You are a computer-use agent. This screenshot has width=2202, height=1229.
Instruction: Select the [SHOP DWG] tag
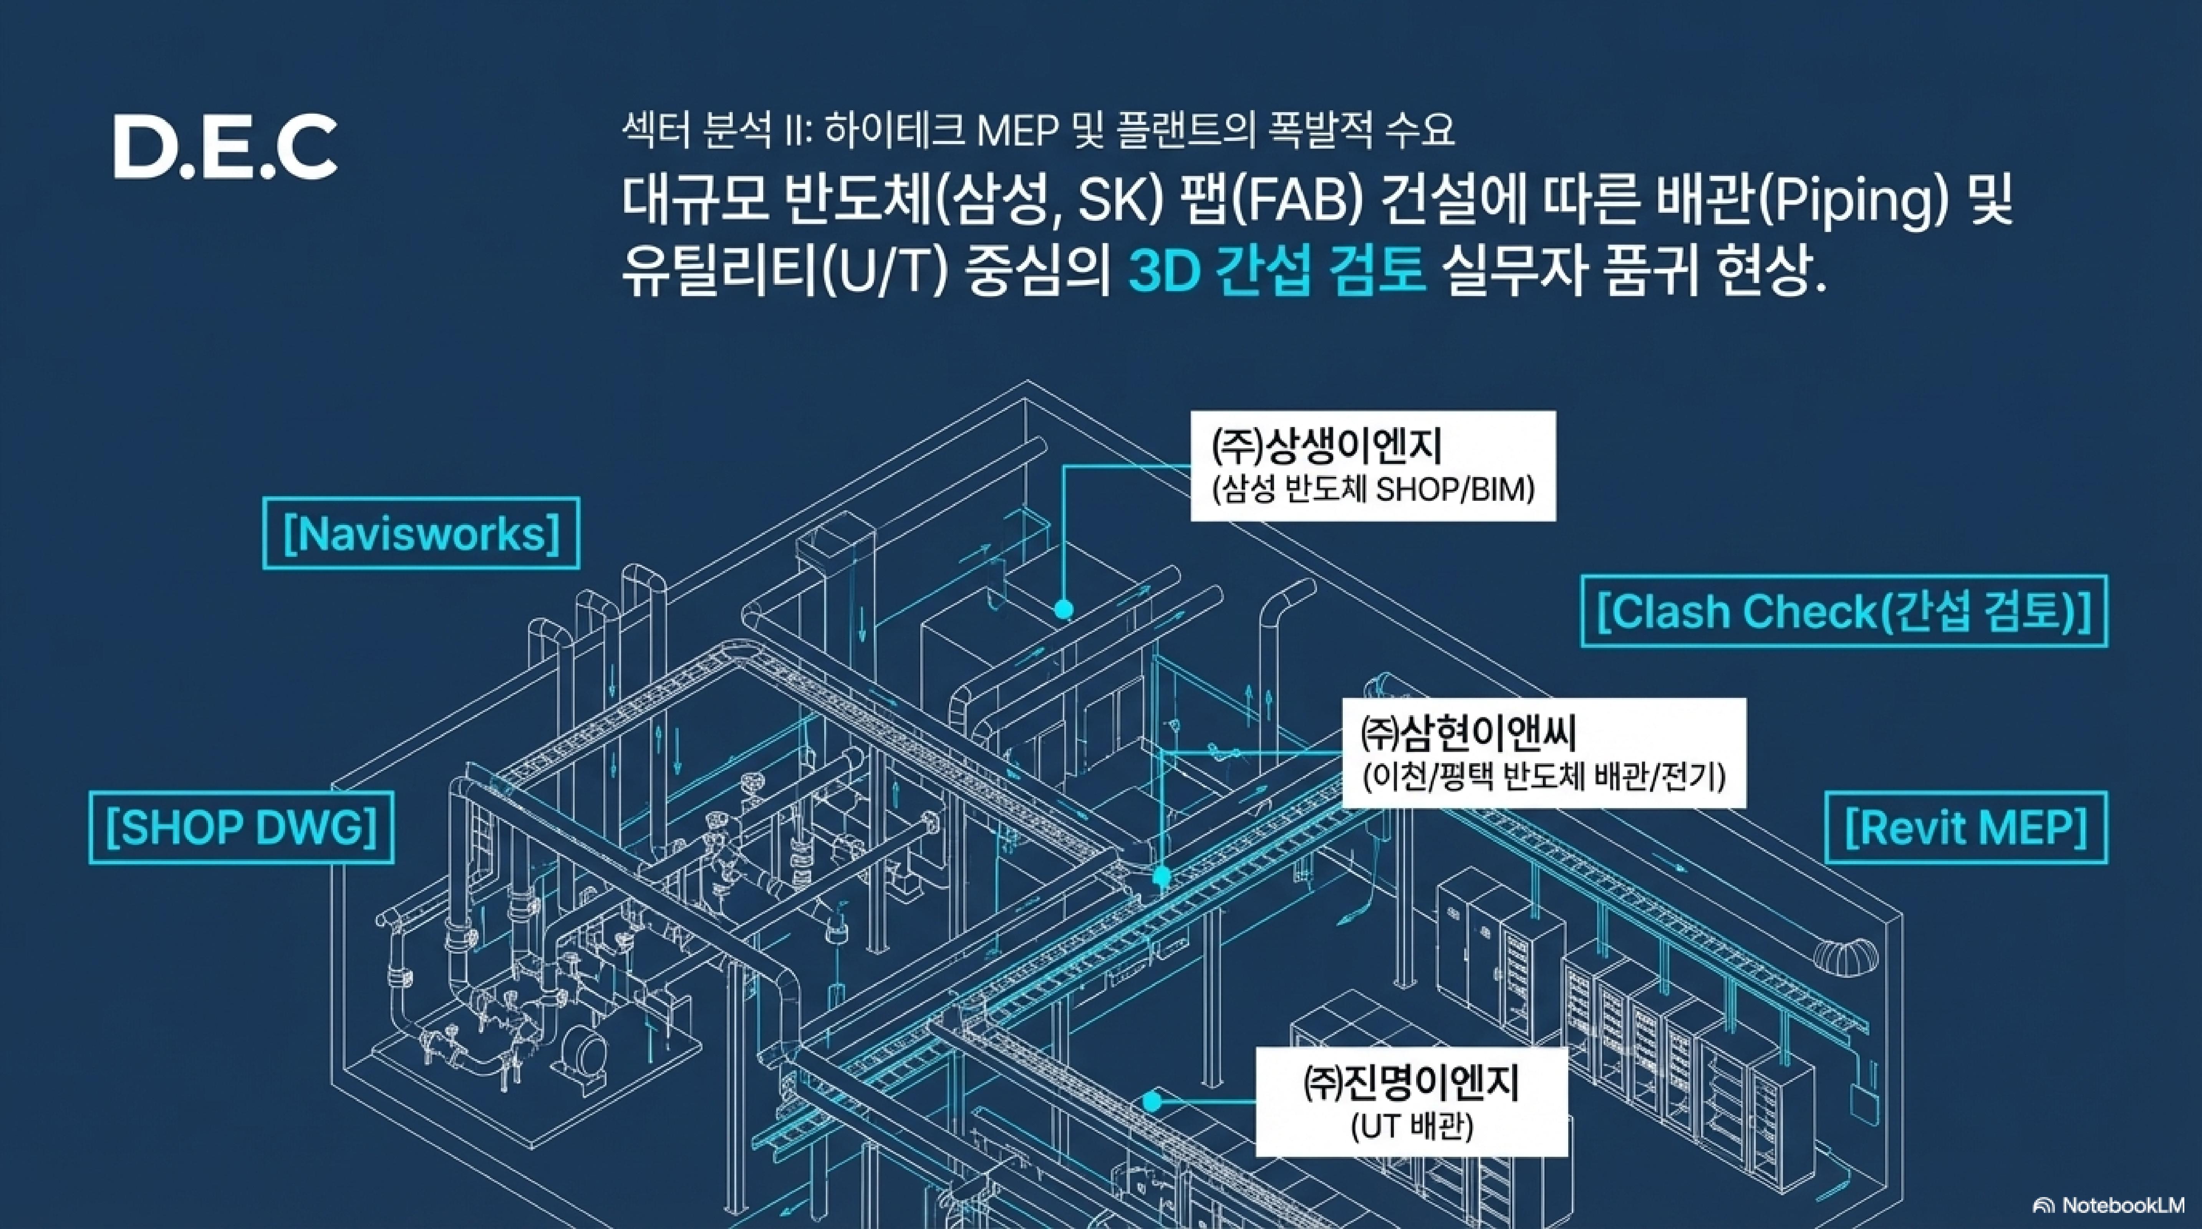[241, 827]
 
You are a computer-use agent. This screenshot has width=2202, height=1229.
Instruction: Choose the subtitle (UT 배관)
[1412, 1126]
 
